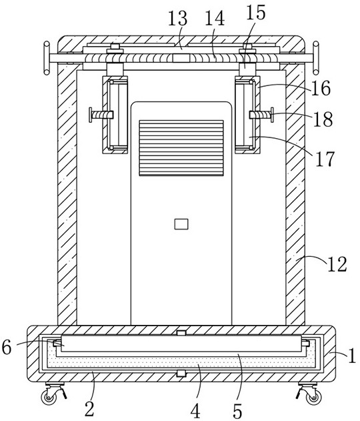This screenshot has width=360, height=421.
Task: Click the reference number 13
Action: click(177, 18)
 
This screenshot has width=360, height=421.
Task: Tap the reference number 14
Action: click(215, 18)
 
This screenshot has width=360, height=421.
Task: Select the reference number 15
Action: click(255, 13)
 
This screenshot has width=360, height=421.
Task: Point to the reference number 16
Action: click(321, 88)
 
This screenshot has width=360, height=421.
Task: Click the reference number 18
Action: click(323, 119)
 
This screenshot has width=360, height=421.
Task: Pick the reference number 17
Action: click(325, 159)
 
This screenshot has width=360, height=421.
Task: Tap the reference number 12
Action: click(337, 264)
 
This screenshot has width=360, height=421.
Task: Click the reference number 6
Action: click(7, 347)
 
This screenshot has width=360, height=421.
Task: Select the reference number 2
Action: click(89, 409)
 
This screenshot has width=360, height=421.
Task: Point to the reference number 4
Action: click(195, 411)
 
